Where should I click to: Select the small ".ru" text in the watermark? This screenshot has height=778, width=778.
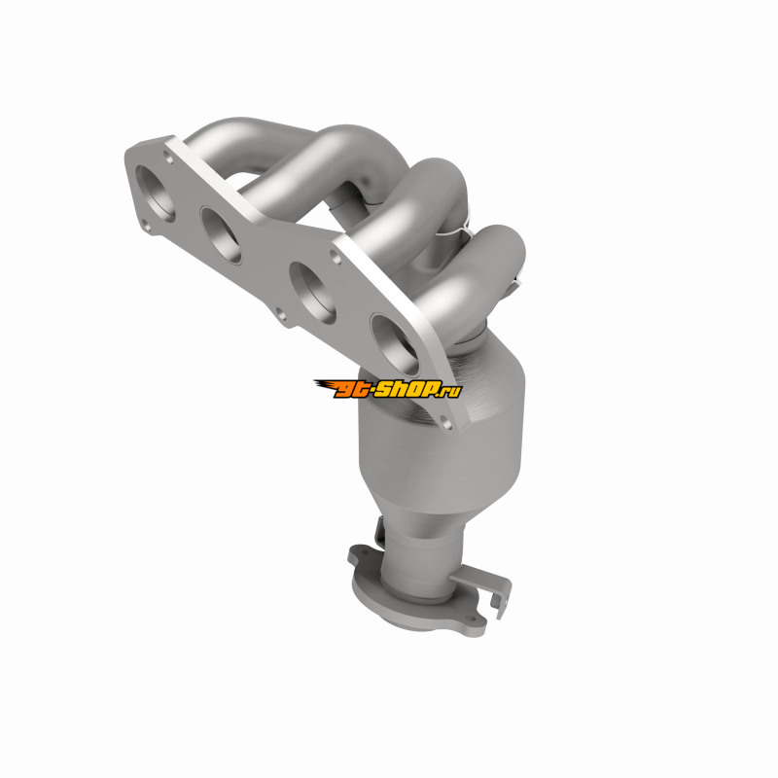click(x=451, y=391)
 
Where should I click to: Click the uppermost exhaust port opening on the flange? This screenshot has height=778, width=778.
click(x=156, y=194)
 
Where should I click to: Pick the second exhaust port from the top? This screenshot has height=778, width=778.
click(x=222, y=235)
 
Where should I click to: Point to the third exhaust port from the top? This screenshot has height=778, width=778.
click(x=312, y=293)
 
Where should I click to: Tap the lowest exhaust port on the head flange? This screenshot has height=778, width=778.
click(x=395, y=344)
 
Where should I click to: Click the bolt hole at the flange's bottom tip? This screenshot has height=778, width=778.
click(x=446, y=423)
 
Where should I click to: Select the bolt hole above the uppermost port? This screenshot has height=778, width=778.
click(x=168, y=159)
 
